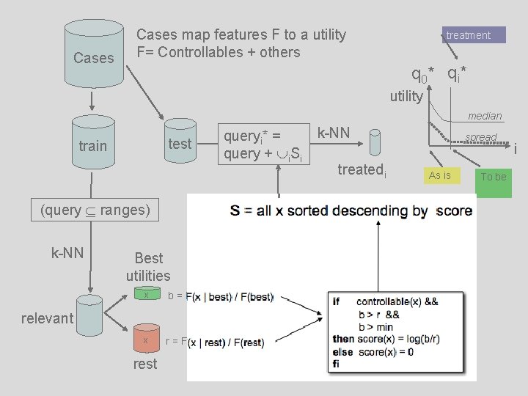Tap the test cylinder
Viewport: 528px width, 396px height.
pyautogui.click(x=180, y=143)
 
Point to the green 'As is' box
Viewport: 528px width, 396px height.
pyautogui.click(x=440, y=175)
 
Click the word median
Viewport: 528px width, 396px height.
pyautogui.click(x=485, y=116)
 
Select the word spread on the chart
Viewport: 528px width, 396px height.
pyautogui.click(x=481, y=137)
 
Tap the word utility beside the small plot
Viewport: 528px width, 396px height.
pyautogui.click(x=406, y=96)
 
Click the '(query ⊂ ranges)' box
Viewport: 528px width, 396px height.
pyautogui.click(x=95, y=210)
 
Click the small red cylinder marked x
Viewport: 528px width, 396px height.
pyautogui.click(x=146, y=340)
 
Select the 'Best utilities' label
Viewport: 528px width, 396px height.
pyautogui.click(x=148, y=267)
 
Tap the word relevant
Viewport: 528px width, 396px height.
pyautogui.click(x=47, y=318)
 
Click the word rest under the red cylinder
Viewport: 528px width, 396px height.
pyautogui.click(x=145, y=364)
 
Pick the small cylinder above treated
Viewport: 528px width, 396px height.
pyautogui.click(x=375, y=142)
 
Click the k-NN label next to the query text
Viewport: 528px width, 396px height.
pyautogui.click(x=334, y=133)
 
